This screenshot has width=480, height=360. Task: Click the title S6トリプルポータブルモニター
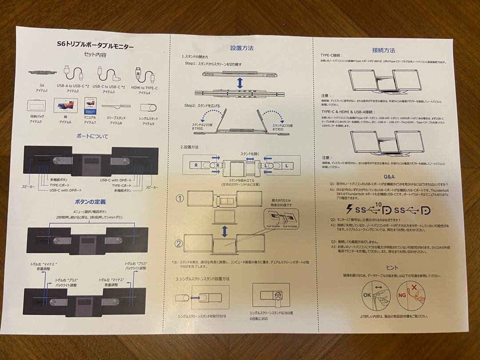(95, 45)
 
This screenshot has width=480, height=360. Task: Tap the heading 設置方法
(242, 48)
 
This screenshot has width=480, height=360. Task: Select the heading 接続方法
(383, 50)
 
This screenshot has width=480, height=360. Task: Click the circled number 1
(180, 199)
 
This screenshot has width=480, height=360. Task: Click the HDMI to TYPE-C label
(144, 88)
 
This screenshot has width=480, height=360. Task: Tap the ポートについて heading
(92, 136)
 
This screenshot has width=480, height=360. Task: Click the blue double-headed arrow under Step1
(240, 83)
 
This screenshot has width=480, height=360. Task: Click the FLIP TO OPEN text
(273, 226)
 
